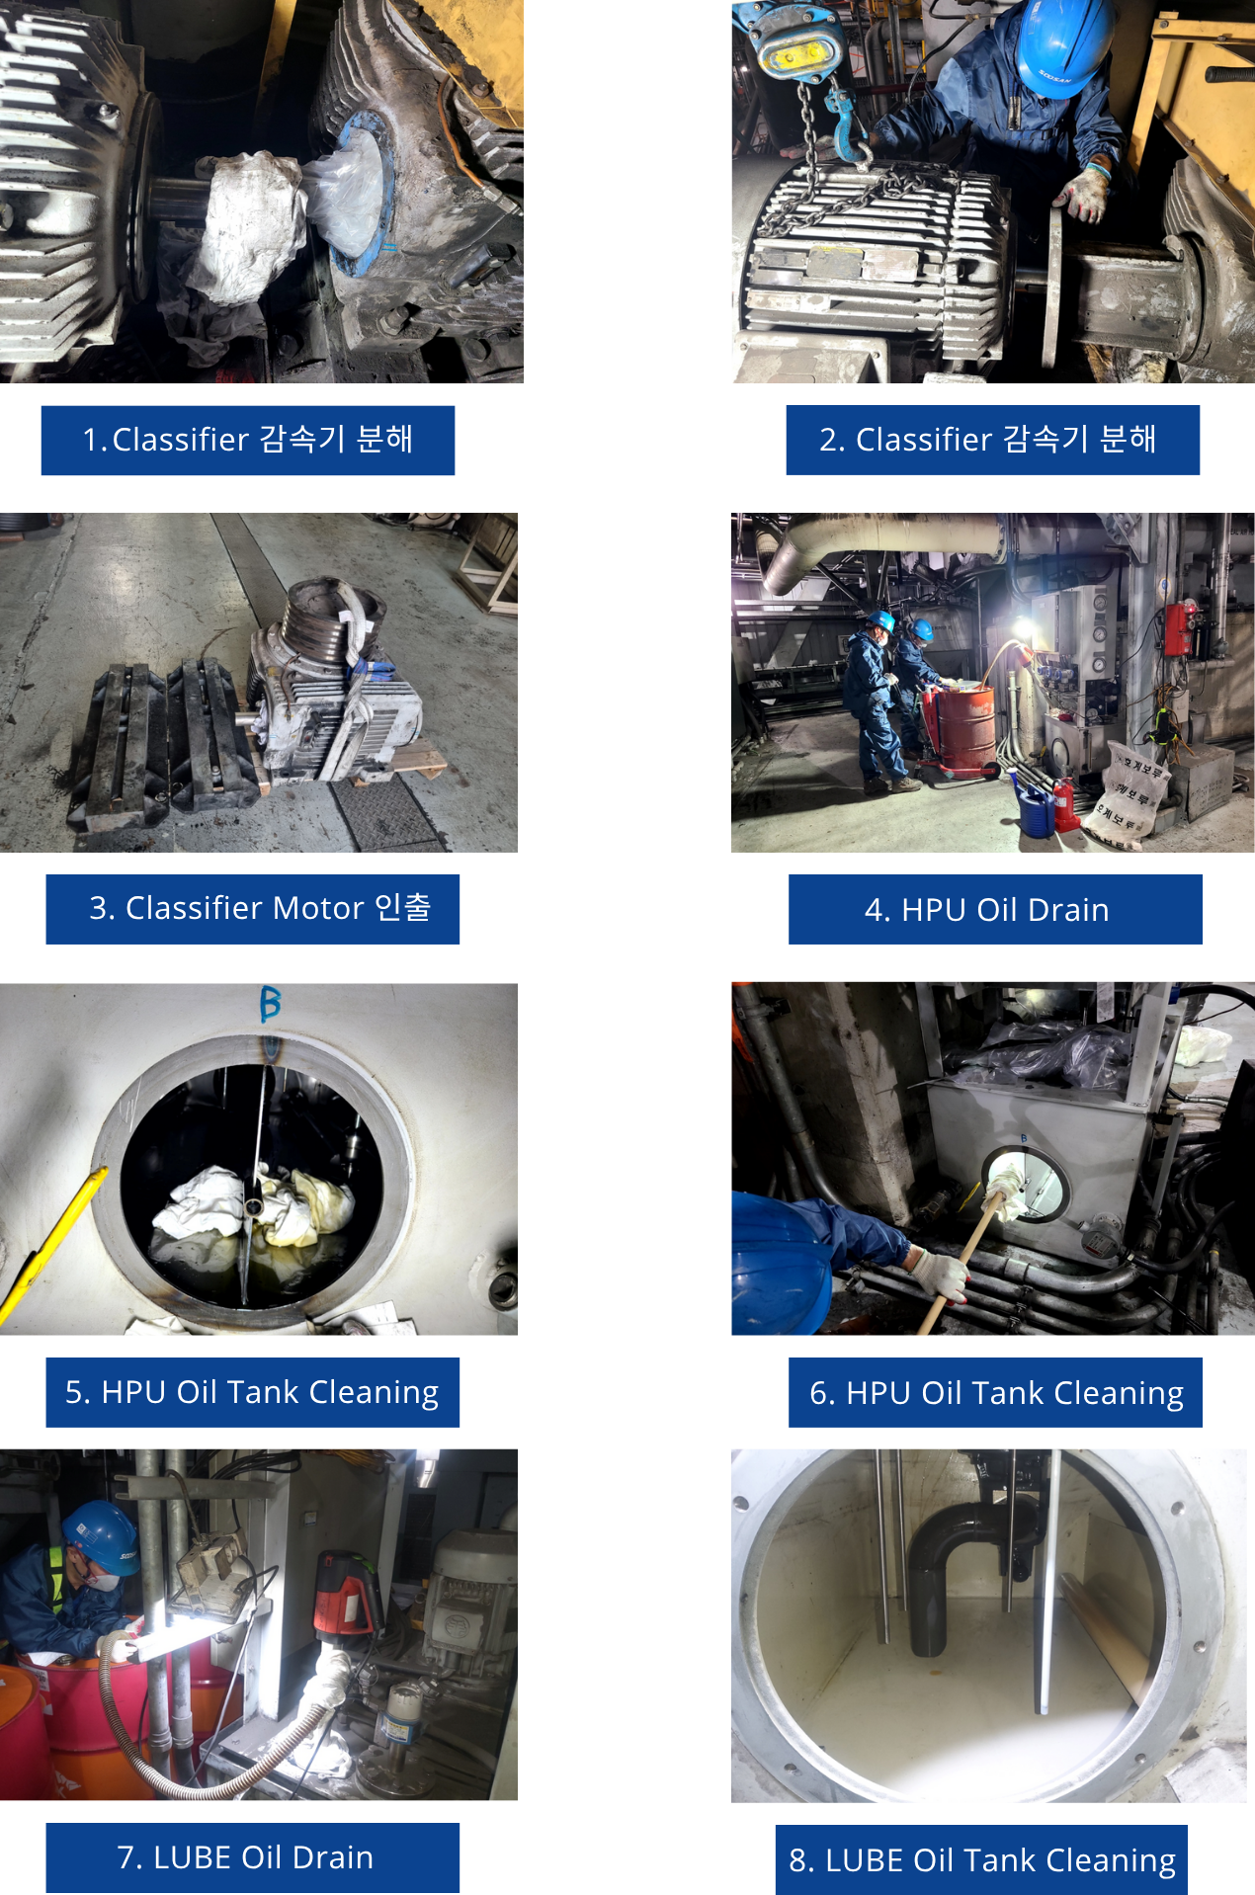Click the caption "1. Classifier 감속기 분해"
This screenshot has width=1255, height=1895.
[248, 440]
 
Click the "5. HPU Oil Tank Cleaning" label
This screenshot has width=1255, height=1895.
[253, 1392]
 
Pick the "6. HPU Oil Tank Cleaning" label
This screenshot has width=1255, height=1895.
[995, 1392]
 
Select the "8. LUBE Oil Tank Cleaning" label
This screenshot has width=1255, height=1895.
[981, 1859]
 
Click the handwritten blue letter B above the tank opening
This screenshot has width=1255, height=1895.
[270, 1004]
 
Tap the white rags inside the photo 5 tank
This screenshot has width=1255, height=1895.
[252, 1204]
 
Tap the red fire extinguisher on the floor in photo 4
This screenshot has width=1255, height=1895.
[1065, 804]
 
